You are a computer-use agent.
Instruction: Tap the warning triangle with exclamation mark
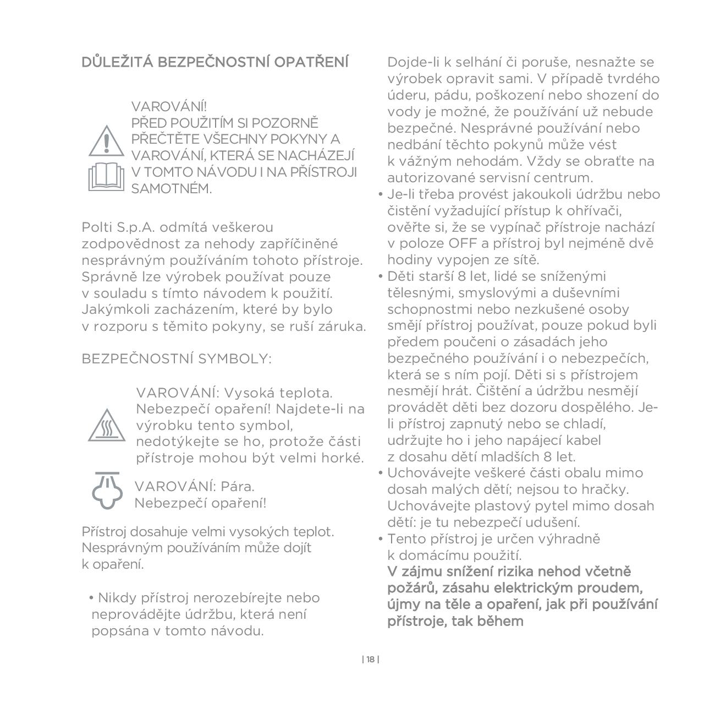tap(107, 141)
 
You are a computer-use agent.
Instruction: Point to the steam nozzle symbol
tap(107, 490)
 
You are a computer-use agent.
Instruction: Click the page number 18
tap(371, 660)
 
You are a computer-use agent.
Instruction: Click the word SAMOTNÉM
tap(171, 188)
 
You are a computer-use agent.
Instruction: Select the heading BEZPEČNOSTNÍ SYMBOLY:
tap(177, 359)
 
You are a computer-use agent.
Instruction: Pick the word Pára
tap(237, 487)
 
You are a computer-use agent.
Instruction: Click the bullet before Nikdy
tap(91, 598)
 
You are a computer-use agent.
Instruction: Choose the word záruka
tap(343, 326)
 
